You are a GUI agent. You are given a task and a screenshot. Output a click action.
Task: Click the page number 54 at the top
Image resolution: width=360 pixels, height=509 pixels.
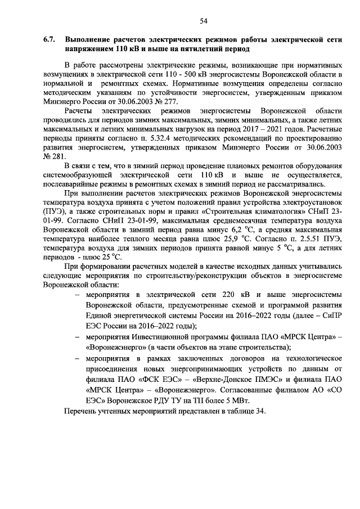204,21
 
